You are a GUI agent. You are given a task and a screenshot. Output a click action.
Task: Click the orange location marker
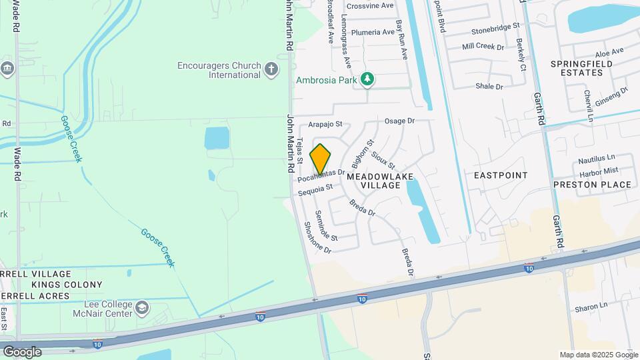tap(321, 159)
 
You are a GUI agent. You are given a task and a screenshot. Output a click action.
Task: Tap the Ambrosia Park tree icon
tap(367, 80)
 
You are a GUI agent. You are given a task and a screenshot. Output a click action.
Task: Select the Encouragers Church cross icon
tap(271, 69)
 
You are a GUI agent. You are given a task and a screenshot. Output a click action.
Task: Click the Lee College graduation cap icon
tap(141, 307)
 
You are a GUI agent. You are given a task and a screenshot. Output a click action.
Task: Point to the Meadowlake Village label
tap(381, 181)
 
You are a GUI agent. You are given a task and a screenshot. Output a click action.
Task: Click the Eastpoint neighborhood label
tap(501, 175)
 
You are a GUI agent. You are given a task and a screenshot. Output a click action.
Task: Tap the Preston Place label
tap(592, 185)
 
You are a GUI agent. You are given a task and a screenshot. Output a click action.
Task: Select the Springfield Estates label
tap(581, 69)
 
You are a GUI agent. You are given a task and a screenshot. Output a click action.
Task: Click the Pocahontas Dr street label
tap(321, 175)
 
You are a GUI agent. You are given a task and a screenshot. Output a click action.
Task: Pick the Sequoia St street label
tap(315, 191)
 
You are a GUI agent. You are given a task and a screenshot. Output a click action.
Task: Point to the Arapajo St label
tap(325, 124)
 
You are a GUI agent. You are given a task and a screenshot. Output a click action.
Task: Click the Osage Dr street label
tap(400, 121)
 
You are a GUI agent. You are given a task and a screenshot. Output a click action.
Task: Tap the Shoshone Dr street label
tap(317, 237)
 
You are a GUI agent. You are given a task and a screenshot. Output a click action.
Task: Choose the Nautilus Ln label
tap(596, 159)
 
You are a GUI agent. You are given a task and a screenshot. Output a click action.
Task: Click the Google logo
tap(22, 351)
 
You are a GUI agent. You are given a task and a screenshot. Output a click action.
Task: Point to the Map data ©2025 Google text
tap(599, 355)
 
